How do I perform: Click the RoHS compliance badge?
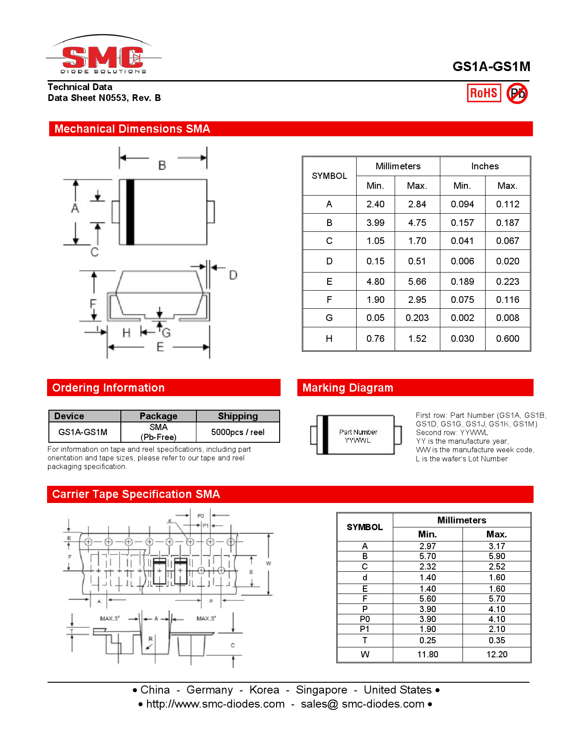click(484, 93)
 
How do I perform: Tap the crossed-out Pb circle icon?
click(517, 94)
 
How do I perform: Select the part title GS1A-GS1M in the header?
click(491, 67)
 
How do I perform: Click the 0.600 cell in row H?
click(507, 339)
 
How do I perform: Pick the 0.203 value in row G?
click(417, 318)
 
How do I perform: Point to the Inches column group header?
click(485, 166)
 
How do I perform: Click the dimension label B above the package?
click(162, 166)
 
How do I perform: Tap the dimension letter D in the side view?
click(233, 275)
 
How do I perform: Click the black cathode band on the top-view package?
click(130, 212)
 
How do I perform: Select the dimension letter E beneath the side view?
click(160, 347)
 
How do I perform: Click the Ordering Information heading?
click(109, 388)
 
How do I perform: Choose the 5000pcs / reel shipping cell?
click(238, 432)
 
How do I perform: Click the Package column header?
click(158, 416)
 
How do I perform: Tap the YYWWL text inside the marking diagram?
click(358, 440)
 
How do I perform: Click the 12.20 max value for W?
click(496, 654)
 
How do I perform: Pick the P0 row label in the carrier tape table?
click(365, 619)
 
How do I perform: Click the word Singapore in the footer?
click(321, 690)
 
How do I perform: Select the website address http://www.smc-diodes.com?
click(215, 704)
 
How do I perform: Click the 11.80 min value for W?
click(427, 654)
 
